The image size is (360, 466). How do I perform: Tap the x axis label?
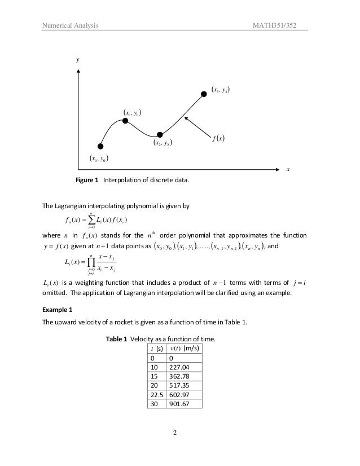pos(288,169)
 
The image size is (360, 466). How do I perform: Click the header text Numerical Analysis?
pos(67,25)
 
